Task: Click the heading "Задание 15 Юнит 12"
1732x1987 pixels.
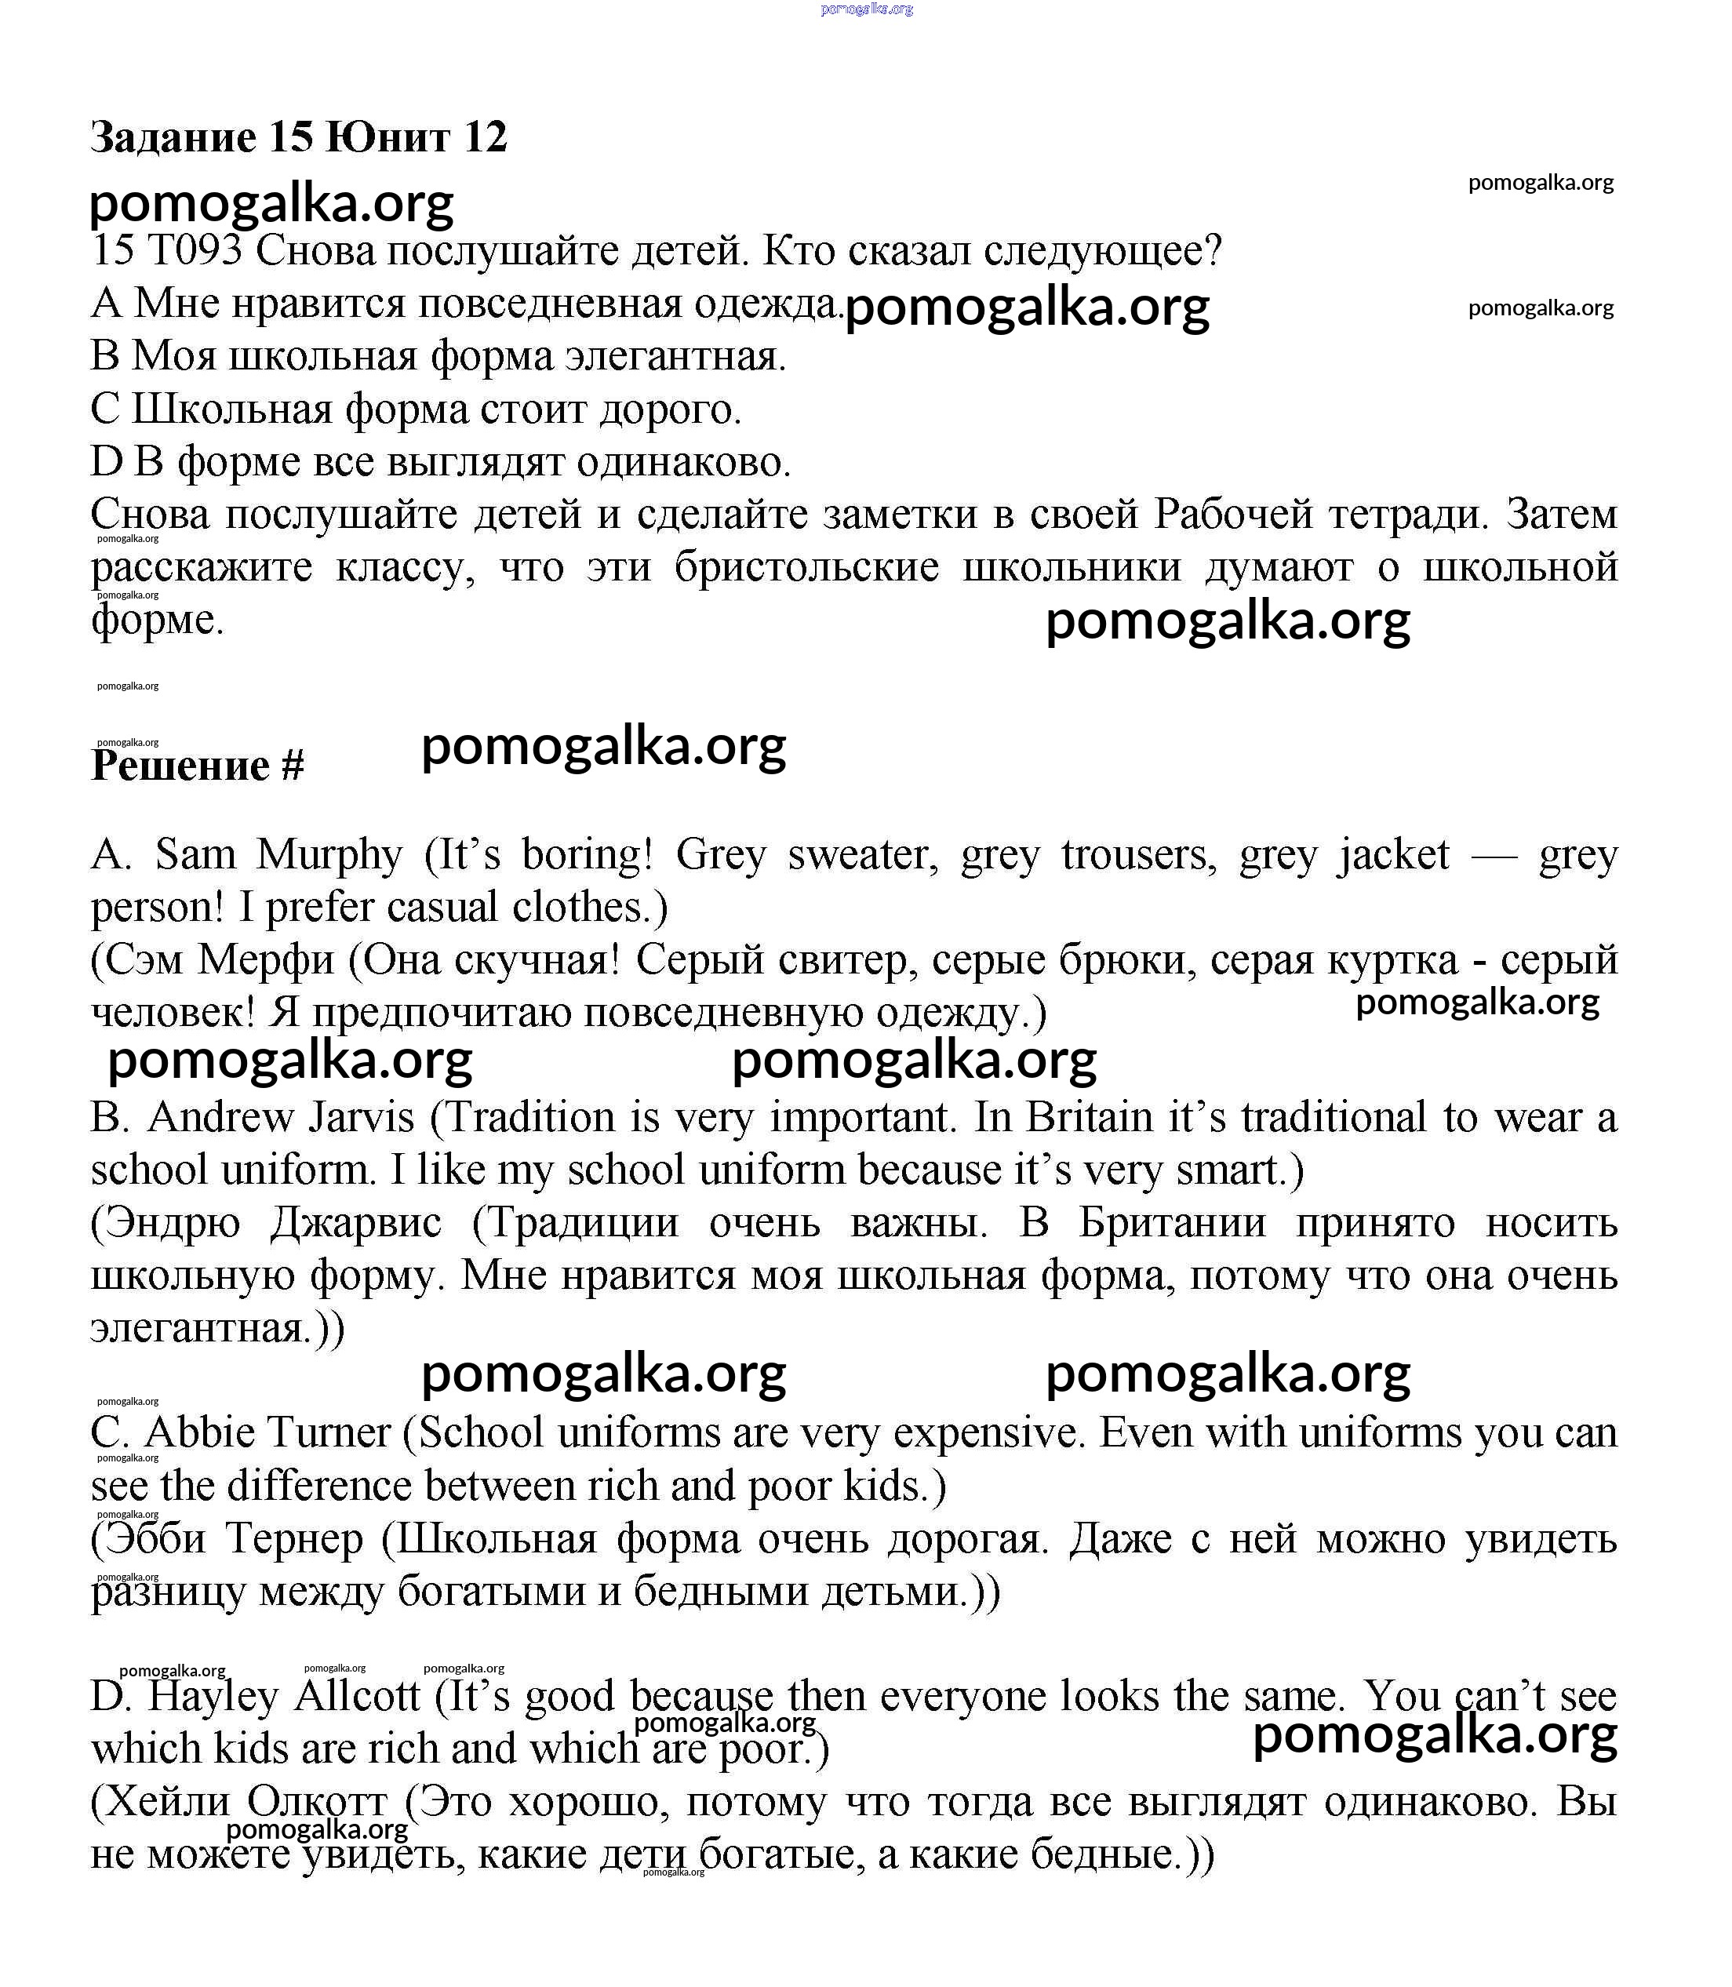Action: pos(299,137)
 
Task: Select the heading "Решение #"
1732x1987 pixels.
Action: pos(197,766)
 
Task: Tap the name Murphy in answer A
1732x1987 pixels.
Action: pos(329,855)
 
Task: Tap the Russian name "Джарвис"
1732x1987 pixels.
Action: pos(355,1224)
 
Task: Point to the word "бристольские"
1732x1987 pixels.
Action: pos(807,567)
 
